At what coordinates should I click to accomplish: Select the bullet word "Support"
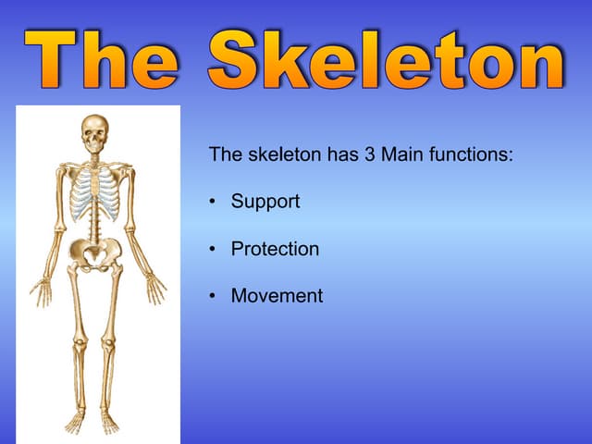(265, 201)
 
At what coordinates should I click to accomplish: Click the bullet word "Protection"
(275, 249)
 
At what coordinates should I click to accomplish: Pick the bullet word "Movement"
(277, 296)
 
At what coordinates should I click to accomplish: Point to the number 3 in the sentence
(368, 154)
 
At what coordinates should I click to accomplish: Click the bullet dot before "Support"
(214, 202)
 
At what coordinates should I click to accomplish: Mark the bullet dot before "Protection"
(214, 250)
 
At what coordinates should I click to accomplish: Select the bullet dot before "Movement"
(214, 297)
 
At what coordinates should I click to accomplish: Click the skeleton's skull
(94, 133)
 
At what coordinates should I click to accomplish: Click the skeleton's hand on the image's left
(42, 290)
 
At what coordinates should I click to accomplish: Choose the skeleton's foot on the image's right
(110, 423)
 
